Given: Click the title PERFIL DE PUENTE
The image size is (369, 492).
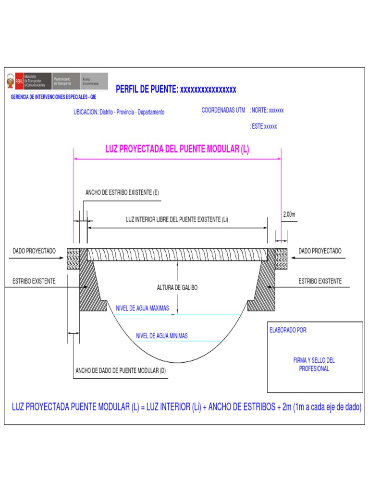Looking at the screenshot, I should coord(176,89).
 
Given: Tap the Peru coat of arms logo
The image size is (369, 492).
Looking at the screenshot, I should coord(10,82).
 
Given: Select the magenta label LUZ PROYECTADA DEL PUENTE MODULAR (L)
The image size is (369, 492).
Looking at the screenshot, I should coord(177,149).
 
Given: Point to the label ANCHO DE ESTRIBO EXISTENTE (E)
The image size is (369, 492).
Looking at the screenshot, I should coord(122,193).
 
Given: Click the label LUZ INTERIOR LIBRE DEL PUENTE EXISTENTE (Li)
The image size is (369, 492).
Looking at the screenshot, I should coord(177,220).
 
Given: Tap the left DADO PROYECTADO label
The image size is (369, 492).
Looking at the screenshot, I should coord(34,251).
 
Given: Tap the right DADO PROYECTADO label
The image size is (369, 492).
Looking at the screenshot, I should coord(320,251).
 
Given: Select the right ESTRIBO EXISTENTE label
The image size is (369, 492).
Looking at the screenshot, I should coord(320,281).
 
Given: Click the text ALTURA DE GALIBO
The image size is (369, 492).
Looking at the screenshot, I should coord(177,288).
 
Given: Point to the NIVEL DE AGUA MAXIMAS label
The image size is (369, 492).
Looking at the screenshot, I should coord(142,308).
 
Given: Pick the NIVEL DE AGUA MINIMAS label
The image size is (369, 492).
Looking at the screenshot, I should coord(162,336).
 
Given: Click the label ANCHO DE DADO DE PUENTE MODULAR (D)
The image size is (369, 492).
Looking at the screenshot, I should coord(121,370).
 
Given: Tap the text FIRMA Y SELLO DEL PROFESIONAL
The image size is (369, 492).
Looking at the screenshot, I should coord(314,364).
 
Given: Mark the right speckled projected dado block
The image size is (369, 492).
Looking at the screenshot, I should coord(281,258).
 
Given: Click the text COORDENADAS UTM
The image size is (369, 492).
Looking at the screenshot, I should coord(223,111).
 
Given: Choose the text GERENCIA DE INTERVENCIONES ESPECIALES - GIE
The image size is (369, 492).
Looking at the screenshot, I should coord(53,97).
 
